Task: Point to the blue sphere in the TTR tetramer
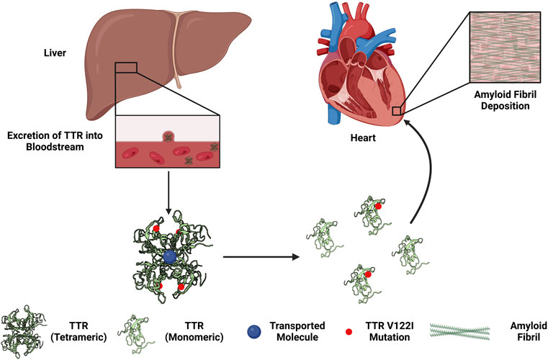171,256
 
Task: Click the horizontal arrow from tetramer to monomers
259,256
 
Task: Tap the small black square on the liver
126,67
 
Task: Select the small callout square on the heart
396,110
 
